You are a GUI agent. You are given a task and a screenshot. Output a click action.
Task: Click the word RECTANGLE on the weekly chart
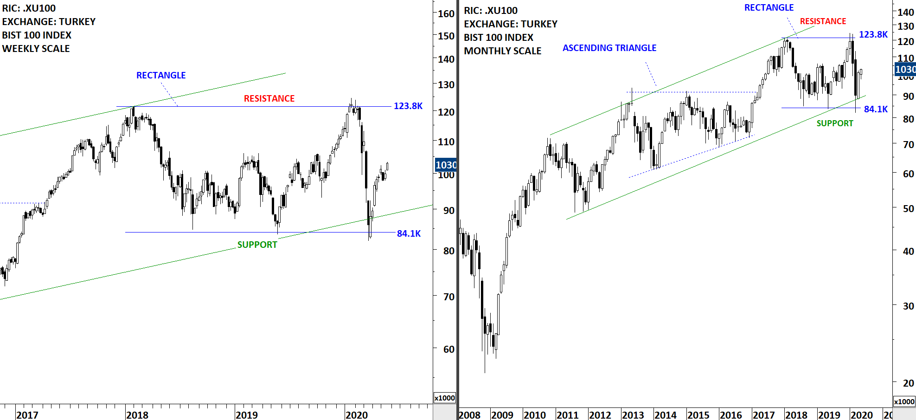tap(160, 75)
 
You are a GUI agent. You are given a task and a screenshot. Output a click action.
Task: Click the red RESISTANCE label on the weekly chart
tap(269, 98)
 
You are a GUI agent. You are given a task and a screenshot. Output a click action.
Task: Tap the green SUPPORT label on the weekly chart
tap(257, 245)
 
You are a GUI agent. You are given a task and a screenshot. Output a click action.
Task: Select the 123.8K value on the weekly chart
tap(408, 106)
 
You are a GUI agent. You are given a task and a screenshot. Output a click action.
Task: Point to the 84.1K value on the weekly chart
tap(409, 233)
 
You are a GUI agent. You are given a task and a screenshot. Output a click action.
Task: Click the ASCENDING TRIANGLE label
tap(609, 48)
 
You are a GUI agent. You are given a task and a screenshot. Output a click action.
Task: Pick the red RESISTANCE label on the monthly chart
tap(823, 21)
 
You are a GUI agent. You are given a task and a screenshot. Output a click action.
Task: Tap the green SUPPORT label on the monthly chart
tap(835, 123)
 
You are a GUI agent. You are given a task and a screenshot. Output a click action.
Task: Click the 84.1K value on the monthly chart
tap(876, 109)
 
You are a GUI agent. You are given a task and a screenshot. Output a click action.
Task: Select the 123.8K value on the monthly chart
tap(873, 34)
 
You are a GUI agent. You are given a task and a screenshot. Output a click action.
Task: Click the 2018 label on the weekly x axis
tap(137, 415)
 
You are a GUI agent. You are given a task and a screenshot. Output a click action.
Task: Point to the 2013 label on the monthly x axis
tap(633, 415)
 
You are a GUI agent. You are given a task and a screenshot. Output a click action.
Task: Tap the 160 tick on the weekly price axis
tap(446, 13)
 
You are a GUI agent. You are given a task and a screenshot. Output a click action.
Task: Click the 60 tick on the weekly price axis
tap(449, 349)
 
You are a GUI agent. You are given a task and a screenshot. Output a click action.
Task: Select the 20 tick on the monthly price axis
tap(909, 383)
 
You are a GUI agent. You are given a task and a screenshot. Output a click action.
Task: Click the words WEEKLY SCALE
tap(36, 49)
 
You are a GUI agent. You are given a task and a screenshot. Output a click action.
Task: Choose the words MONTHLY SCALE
tap(503, 51)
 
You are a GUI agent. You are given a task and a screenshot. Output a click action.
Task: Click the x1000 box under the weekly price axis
tap(445, 398)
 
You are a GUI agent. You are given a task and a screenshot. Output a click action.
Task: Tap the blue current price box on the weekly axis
tap(446, 165)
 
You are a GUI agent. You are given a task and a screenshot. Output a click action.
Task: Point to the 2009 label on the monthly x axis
tap(502, 415)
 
